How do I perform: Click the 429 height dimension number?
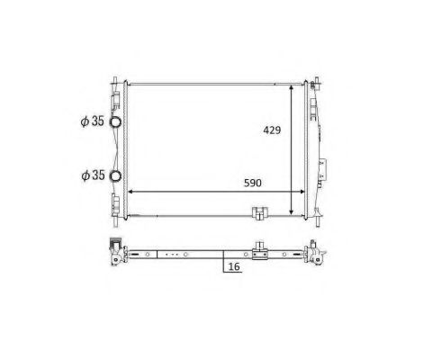tap(271, 130)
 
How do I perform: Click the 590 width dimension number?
tap(253, 183)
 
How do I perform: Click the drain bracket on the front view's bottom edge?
tap(259, 214)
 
